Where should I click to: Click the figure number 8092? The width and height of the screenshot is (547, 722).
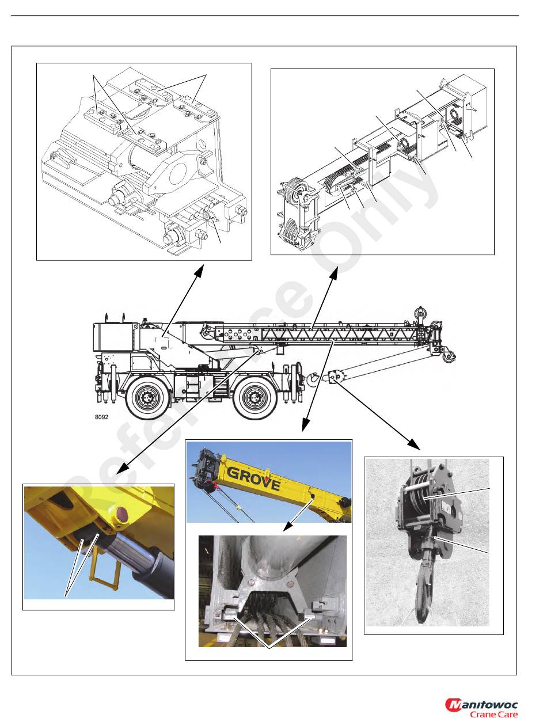(101, 417)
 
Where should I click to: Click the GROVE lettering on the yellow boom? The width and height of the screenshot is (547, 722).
(253, 478)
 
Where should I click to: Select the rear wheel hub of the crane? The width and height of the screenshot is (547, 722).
(145, 397)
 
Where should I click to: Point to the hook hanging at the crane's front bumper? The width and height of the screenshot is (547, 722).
(313, 378)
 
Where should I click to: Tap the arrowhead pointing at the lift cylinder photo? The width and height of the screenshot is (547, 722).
(122, 469)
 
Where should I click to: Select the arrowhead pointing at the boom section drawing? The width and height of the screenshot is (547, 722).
(334, 273)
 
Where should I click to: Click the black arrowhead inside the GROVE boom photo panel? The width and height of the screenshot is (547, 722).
(287, 526)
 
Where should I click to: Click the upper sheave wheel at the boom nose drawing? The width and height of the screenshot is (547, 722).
(297, 192)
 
